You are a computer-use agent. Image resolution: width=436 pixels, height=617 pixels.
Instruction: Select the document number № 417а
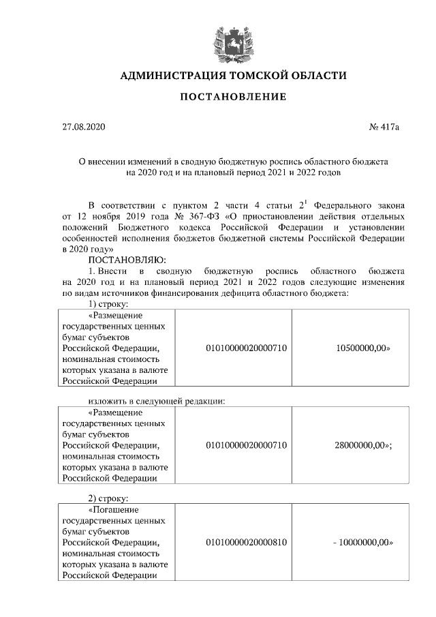point(384,127)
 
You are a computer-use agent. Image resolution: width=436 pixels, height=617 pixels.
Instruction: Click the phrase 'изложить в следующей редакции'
point(157,400)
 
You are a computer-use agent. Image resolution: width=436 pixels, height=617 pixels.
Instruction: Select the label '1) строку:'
point(110,303)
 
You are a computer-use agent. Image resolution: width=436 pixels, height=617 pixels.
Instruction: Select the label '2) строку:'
point(110,498)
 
